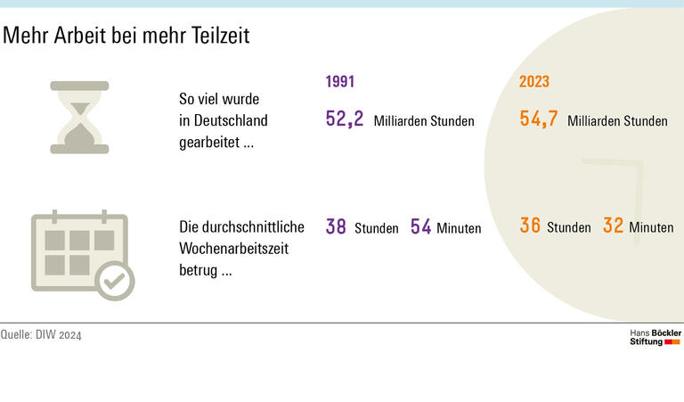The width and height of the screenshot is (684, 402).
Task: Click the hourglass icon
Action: click(x=79, y=118)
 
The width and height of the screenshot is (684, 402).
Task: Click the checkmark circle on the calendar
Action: click(x=114, y=281)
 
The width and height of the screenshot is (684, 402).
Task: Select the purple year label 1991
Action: click(x=340, y=82)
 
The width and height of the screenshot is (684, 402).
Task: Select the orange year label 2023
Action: click(x=534, y=82)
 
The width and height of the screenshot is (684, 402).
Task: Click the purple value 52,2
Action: click(x=345, y=119)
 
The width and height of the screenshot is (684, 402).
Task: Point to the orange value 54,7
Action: click(x=539, y=119)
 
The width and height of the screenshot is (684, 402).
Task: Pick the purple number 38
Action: click(x=336, y=227)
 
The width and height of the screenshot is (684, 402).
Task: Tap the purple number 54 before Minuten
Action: click(x=420, y=227)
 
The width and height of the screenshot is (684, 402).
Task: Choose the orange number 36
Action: click(x=530, y=226)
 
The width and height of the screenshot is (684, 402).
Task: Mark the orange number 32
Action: click(x=613, y=226)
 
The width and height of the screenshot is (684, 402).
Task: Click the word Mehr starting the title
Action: click(x=21, y=36)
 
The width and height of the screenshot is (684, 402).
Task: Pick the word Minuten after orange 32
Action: click(x=651, y=228)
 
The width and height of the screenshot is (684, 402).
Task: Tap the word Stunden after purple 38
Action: click(x=377, y=229)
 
